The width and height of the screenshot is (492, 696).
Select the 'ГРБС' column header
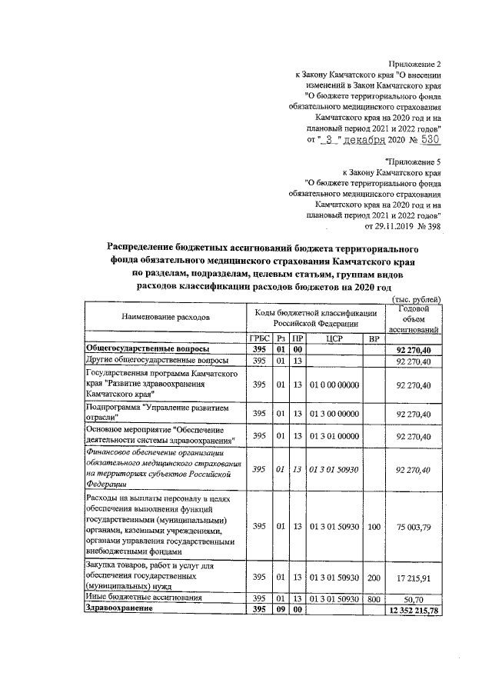[x=259, y=338]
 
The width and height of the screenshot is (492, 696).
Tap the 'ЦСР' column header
[x=334, y=338]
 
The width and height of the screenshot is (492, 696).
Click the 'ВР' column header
[x=374, y=338]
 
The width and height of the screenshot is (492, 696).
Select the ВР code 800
[x=374, y=597]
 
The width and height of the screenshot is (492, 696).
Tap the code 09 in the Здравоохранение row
[x=281, y=609]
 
